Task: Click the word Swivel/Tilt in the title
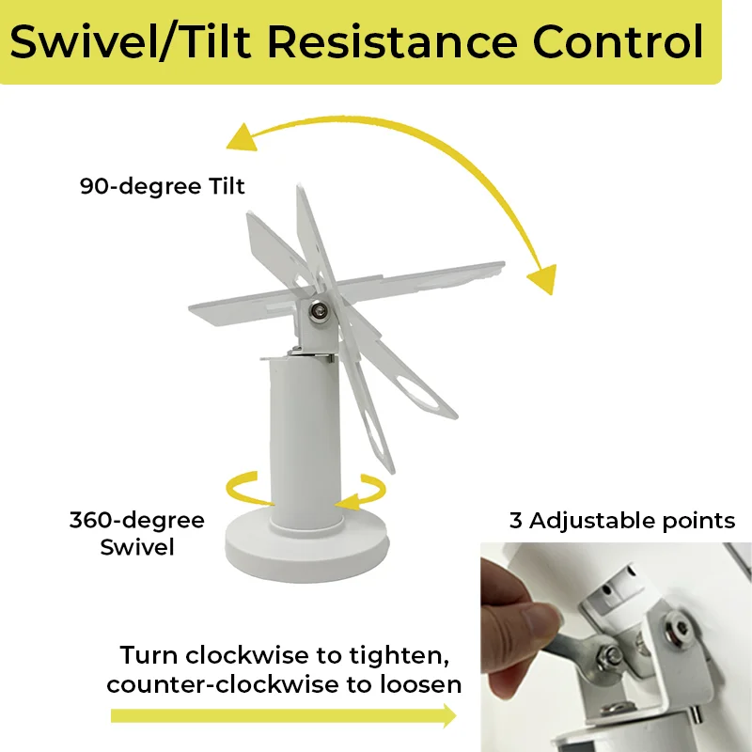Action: point(131,42)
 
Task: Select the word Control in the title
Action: point(619,42)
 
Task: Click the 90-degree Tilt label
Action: point(162,186)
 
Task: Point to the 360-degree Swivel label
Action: point(137,533)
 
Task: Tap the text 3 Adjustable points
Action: point(622,521)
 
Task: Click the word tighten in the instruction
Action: point(399,655)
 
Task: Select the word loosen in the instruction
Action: point(420,684)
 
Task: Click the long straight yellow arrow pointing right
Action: point(284,715)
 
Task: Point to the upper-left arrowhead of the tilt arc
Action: point(243,137)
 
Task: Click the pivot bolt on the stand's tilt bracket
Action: point(318,311)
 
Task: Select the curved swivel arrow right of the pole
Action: point(362,492)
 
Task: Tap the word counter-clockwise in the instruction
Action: point(223,685)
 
